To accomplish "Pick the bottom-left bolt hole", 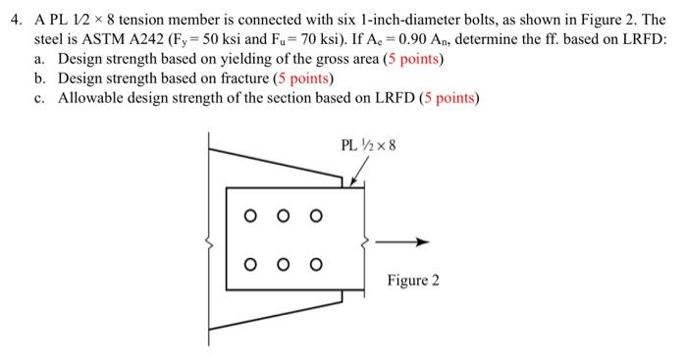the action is click(252, 263).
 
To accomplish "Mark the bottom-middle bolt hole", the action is click(284, 263).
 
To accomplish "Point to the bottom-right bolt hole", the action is click(315, 263).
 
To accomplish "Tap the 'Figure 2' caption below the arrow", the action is click(413, 282).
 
